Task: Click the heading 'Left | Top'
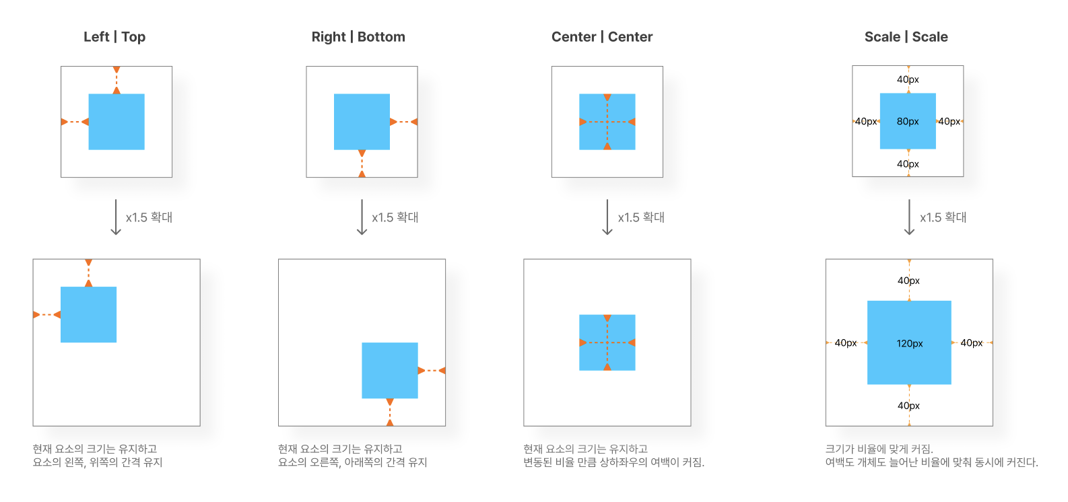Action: [x=114, y=37]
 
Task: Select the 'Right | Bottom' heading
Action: [x=358, y=37]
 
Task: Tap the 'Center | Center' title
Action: [x=602, y=37]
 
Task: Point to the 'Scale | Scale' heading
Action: [x=906, y=37]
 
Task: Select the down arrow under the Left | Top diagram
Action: [x=116, y=217]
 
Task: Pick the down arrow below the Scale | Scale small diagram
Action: [x=909, y=217]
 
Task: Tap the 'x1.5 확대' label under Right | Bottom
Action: [x=395, y=217]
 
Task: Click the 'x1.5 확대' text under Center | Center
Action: [x=641, y=217]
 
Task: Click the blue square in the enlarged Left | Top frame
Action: [x=88, y=314]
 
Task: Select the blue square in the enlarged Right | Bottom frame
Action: [x=390, y=370]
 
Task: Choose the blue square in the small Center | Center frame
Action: [x=607, y=122]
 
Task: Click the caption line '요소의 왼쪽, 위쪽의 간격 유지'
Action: [x=98, y=462]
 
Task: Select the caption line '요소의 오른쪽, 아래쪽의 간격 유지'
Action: [x=352, y=462]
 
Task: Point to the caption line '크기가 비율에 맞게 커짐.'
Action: [x=879, y=449]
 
